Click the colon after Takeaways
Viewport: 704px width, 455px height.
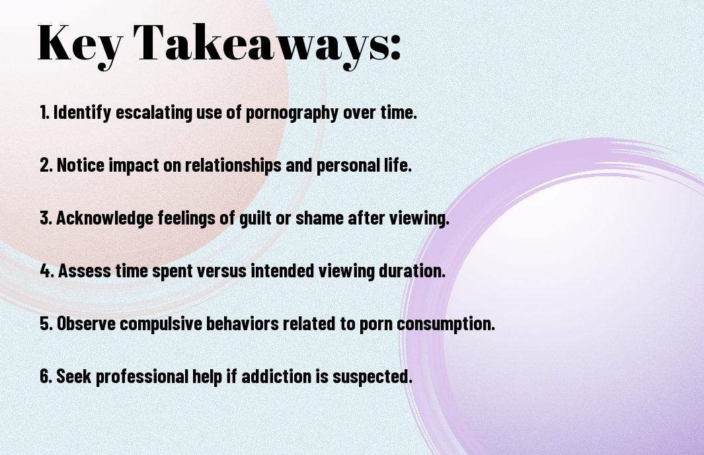(395, 47)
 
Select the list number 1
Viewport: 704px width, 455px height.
(44, 112)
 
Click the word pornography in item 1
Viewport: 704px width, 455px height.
(292, 113)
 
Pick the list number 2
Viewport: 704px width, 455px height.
(46, 165)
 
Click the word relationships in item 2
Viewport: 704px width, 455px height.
(233, 166)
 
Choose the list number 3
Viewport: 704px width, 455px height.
(46, 218)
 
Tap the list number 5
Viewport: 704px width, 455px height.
(46, 324)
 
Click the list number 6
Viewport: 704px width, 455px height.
(46, 376)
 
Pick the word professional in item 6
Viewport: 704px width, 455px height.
(142, 377)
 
